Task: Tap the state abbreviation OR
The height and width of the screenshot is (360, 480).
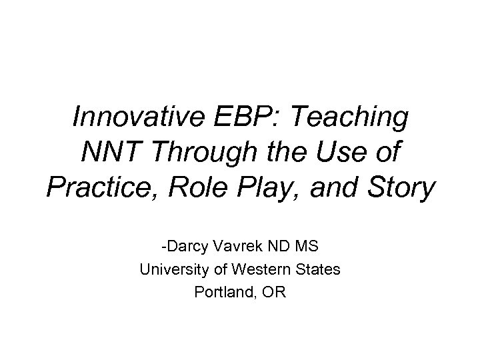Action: point(273,292)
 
